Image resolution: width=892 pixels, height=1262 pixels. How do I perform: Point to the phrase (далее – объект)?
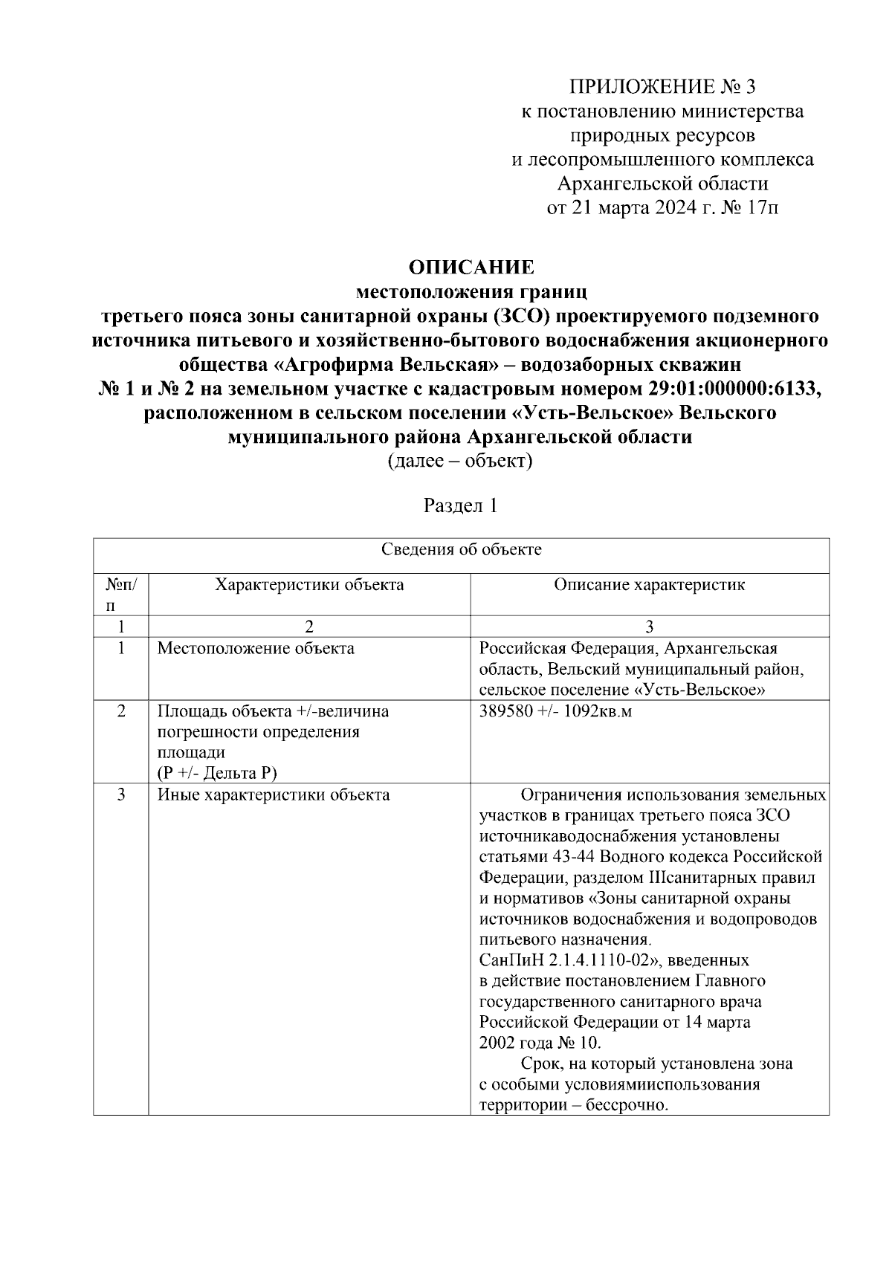pyautogui.click(x=460, y=461)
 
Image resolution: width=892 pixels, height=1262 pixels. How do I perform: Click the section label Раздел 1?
pyautogui.click(x=460, y=507)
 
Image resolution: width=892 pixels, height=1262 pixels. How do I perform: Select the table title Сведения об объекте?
pyautogui.click(x=461, y=550)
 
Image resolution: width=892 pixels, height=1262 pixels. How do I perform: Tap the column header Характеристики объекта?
pyautogui.click(x=309, y=585)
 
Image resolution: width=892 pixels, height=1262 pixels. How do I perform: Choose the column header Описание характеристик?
pyautogui.click(x=649, y=585)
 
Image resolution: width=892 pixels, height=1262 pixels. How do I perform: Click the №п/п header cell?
pyautogui.click(x=120, y=595)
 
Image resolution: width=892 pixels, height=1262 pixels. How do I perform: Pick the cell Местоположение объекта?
pyautogui.click(x=256, y=648)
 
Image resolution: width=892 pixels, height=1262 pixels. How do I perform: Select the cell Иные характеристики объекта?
pyautogui.click(x=274, y=795)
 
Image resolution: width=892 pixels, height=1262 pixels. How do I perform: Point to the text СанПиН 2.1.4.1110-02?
pyautogui.click(x=569, y=960)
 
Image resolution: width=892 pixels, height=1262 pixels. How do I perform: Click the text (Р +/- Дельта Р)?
pyautogui.click(x=217, y=774)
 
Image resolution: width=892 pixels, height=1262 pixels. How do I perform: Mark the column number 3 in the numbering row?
pyautogui.click(x=649, y=627)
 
